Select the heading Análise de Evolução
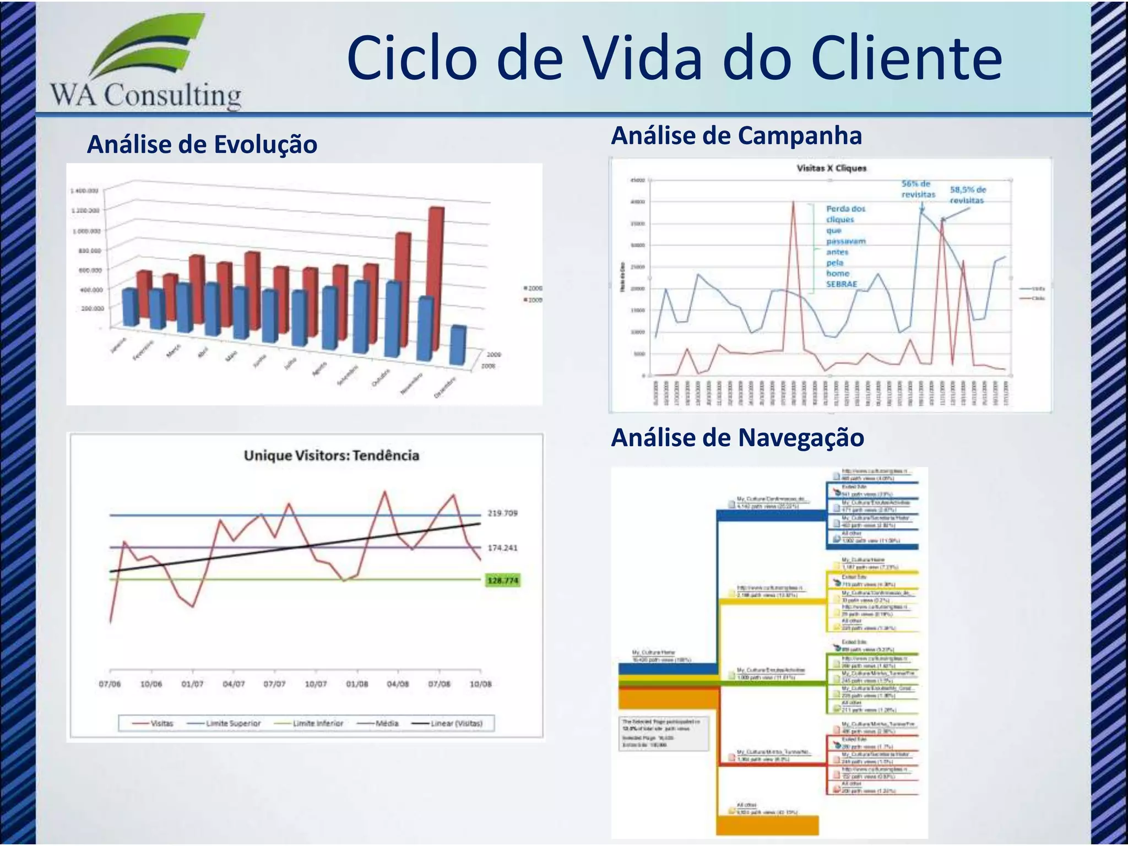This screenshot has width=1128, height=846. [202, 144]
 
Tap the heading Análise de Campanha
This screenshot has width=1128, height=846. [736, 135]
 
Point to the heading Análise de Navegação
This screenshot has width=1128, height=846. [737, 438]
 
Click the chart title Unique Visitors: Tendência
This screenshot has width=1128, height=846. [332, 455]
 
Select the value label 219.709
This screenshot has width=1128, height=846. [502, 513]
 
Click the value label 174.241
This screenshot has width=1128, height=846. [502, 547]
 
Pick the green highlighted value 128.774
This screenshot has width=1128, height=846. [502, 581]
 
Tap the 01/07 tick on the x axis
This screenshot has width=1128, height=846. [192, 684]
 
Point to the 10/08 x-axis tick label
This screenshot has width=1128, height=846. [480, 684]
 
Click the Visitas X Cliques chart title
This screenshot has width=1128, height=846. [831, 168]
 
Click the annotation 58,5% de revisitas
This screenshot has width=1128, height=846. [968, 195]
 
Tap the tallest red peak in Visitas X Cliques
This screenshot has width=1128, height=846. [793, 203]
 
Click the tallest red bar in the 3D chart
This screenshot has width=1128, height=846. [436, 275]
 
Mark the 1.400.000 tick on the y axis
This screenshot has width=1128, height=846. [84, 191]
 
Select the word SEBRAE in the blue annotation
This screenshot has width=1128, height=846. [842, 284]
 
